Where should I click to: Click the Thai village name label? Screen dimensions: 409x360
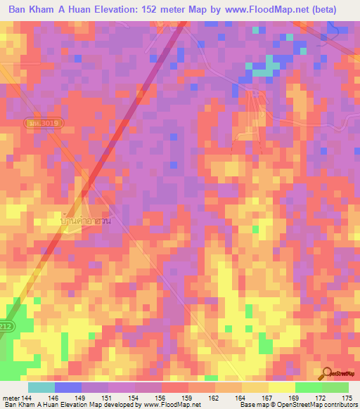coord(86,221)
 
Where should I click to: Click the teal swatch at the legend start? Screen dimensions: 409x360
coord(41,387)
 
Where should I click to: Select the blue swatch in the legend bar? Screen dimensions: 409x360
coord(67,387)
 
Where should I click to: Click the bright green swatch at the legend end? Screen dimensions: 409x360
coord(335,387)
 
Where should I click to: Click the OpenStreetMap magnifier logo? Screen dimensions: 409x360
coord(327,373)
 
